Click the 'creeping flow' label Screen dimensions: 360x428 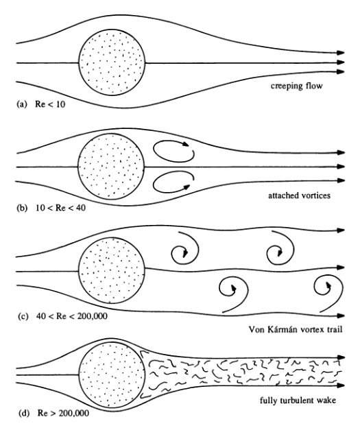point(296,86)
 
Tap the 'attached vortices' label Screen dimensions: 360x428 point(299,195)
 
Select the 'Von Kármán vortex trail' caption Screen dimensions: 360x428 point(296,329)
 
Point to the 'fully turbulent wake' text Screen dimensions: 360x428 point(298,401)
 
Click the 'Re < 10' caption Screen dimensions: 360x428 point(50,104)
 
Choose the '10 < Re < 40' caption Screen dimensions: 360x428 point(60,208)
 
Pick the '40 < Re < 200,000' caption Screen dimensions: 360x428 point(72,316)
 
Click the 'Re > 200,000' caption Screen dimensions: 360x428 point(63,413)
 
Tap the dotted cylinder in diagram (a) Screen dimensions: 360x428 point(112,62)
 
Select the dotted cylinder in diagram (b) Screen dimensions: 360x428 point(111,167)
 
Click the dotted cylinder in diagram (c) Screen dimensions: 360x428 point(112,270)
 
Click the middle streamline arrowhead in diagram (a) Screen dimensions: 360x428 point(341,62)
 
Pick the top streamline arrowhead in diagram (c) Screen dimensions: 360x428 point(341,230)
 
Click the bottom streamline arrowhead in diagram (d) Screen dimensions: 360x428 point(341,385)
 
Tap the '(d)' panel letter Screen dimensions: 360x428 point(24,414)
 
